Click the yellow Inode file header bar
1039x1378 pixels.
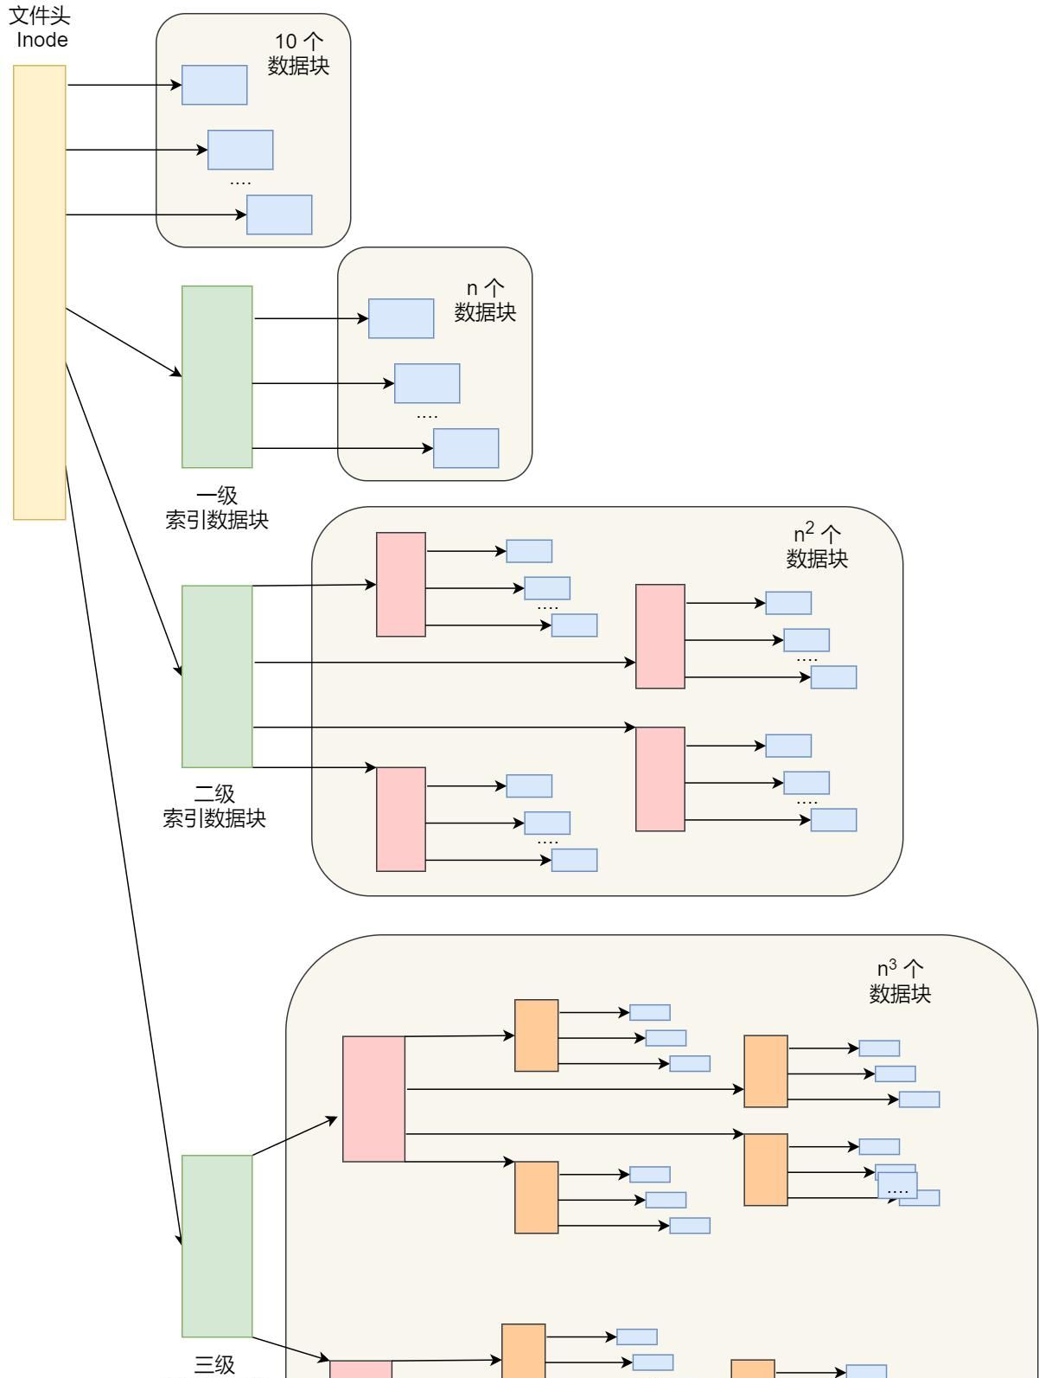click(40, 292)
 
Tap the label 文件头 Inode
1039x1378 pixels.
click(41, 28)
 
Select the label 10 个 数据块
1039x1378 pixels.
click(298, 54)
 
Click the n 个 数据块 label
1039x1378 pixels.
click(485, 300)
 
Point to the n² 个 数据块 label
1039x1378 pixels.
click(817, 546)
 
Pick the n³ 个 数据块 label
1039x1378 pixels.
click(900, 981)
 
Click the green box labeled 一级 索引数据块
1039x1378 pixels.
click(217, 376)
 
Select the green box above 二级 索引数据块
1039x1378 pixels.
click(217, 676)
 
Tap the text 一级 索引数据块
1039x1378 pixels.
click(217, 508)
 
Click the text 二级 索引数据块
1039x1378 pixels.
click(214, 805)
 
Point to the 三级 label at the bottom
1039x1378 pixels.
click(214, 1365)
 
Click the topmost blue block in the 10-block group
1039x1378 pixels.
click(214, 85)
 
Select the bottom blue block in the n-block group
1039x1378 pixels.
click(466, 448)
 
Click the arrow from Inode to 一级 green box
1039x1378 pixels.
click(124, 342)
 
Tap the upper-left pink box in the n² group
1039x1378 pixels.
click(401, 584)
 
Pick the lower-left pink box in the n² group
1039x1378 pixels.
click(401, 818)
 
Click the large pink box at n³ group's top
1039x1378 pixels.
click(373, 1099)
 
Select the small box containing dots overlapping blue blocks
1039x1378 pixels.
click(897, 1185)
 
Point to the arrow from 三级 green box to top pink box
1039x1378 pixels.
click(295, 1136)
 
